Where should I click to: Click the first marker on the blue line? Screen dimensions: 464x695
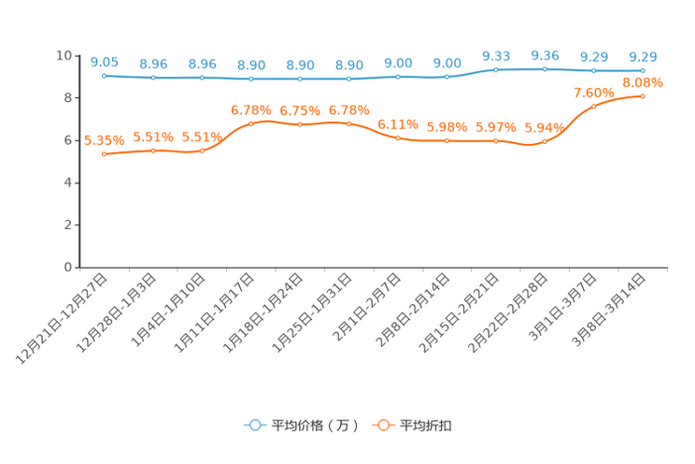pos(104,75)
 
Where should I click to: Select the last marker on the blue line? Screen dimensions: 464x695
pos(643,70)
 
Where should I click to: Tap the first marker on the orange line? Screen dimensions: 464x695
pos(104,153)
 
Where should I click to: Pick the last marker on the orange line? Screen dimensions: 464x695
pos(643,95)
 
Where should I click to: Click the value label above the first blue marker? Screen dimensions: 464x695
pos(104,62)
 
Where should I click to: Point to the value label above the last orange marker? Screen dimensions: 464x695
pos(643,82)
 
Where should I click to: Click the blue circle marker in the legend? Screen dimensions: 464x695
pos(254,425)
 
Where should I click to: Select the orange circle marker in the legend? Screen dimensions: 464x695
pos(382,425)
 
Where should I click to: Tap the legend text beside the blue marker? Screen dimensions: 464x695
pos(315,426)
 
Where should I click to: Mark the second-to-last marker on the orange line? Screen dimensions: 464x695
pos(594,106)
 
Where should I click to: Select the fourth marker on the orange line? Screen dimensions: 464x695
pos(250,123)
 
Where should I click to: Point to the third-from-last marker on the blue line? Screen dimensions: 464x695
pos(545,68)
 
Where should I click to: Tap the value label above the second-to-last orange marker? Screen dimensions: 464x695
pos(594,93)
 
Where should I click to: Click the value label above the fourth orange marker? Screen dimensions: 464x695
pos(250,110)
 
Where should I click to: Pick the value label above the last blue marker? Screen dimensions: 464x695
pos(643,57)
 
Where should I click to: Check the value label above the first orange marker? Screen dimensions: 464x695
pos(104,140)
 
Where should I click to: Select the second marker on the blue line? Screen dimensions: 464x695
pos(152,77)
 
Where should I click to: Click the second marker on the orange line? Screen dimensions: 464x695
pos(152,151)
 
